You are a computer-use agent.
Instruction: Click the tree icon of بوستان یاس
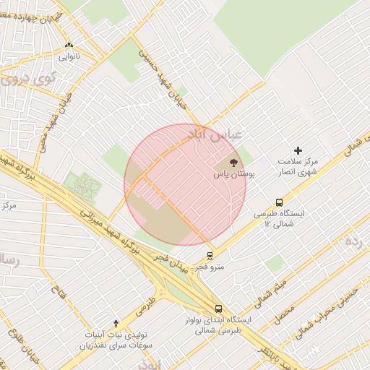pyautogui.click(x=233, y=162)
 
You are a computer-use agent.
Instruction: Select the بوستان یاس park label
pyautogui.click(x=231, y=174)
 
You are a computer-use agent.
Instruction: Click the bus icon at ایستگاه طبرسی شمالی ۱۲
pyautogui.click(x=279, y=203)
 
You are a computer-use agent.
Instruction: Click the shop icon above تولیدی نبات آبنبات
pyautogui.click(x=116, y=322)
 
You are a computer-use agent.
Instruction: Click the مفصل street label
pyautogui.click(x=285, y=315)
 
